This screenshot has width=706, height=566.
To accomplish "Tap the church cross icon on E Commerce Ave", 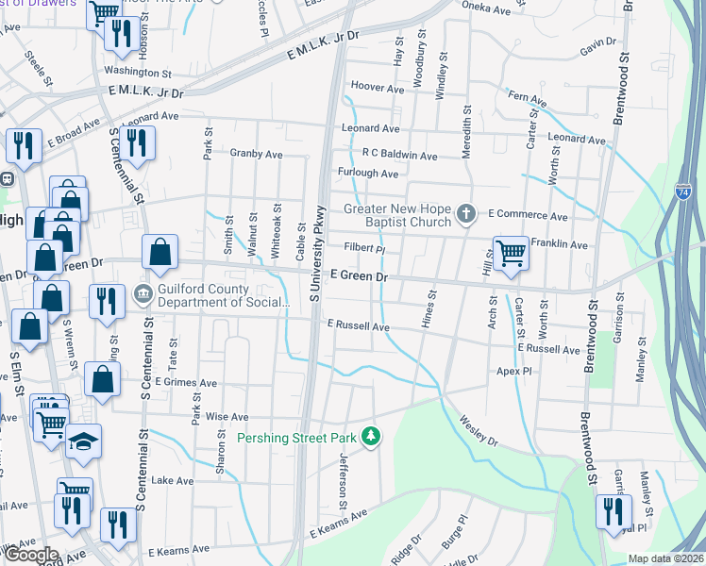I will point(464,215).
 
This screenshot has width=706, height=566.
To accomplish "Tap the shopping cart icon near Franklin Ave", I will point(510,253).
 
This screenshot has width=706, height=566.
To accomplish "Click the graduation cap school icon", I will point(83,441).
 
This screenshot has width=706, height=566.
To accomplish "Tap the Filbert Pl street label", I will point(365,250).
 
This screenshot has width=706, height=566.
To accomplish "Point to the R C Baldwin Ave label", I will point(399,155).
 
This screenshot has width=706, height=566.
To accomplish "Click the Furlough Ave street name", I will point(368,174).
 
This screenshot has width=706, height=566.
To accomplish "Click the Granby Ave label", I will point(256,153).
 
